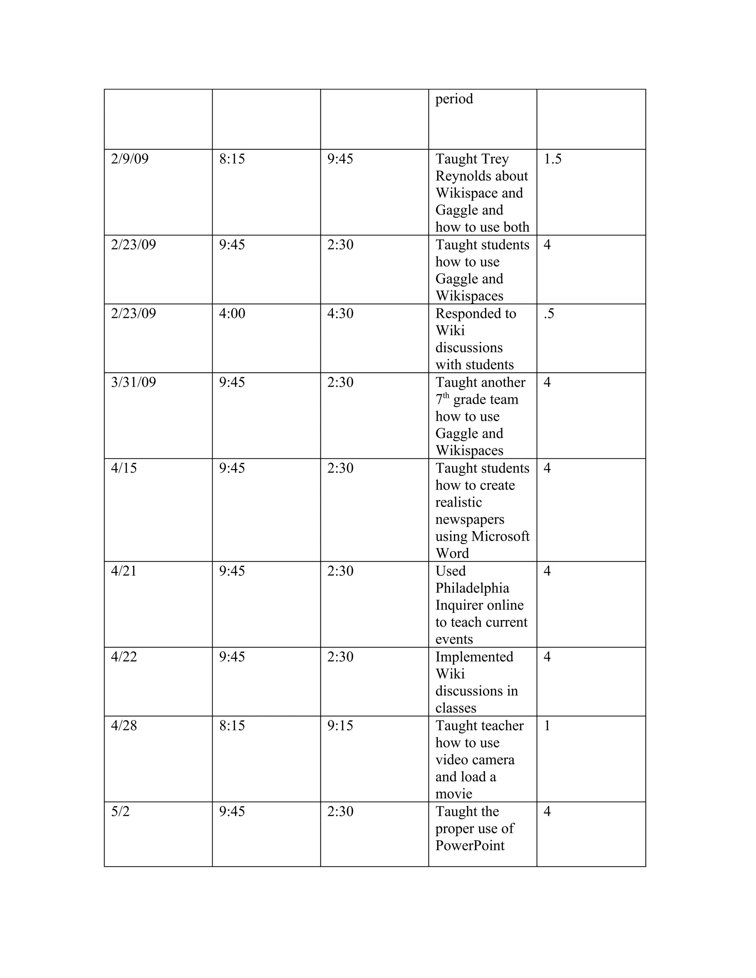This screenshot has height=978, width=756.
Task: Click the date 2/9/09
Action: pyautogui.click(x=130, y=159)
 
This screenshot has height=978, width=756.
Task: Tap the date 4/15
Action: pyautogui.click(x=124, y=468)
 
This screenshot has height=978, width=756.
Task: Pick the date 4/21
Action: pyautogui.click(x=124, y=571)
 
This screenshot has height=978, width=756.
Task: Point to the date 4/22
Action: pyautogui.click(x=124, y=657)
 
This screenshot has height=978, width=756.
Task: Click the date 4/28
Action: pyautogui.click(x=124, y=726)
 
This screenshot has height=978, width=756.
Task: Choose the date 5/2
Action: pyautogui.click(x=120, y=812)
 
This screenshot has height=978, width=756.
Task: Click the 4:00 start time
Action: pyautogui.click(x=232, y=313)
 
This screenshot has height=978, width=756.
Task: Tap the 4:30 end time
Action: pyautogui.click(x=340, y=313)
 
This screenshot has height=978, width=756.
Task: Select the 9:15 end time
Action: pyautogui.click(x=340, y=726)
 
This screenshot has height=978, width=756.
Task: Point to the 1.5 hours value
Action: pyautogui.click(x=552, y=159)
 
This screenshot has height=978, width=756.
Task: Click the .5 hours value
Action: pyautogui.click(x=549, y=313)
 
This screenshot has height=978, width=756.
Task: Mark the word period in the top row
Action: pyautogui.click(x=454, y=99)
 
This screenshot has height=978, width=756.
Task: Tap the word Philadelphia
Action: pyautogui.click(x=472, y=588)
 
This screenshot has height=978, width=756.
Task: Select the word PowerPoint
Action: pyautogui.click(x=470, y=846)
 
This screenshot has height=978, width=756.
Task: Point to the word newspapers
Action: pyautogui.click(x=470, y=520)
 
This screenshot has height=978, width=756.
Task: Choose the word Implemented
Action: pyautogui.click(x=474, y=657)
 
